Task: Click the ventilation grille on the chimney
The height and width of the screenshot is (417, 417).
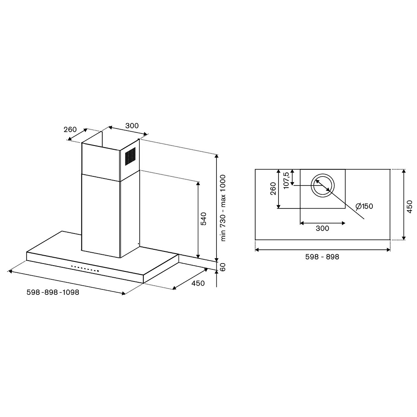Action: pos(130,156)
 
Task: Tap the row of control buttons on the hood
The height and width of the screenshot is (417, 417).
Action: pos(85,269)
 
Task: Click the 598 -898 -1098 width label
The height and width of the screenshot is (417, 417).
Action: pos(53,292)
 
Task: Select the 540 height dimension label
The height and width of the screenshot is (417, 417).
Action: pos(203,219)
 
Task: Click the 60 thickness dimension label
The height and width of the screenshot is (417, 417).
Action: pos(223,267)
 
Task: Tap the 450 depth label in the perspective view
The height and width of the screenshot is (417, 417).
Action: pos(198,283)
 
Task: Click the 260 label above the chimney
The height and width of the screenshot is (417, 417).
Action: pos(70,130)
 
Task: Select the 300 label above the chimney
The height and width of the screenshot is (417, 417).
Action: pos(132,126)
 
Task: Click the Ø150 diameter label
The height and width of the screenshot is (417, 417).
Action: pos(364,206)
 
